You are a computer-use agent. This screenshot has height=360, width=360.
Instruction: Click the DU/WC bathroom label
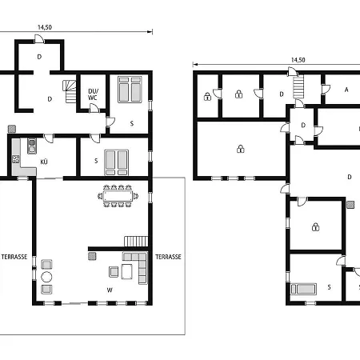pyautogui.click(x=93, y=94)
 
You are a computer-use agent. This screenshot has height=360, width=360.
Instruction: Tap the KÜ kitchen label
pyautogui.click(x=44, y=162)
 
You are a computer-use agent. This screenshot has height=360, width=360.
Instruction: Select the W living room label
pyautogui.click(x=110, y=290)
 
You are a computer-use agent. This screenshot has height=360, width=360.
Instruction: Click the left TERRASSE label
pyautogui.click(x=14, y=257)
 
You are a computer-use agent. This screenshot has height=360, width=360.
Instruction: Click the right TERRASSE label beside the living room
pyautogui.click(x=168, y=257)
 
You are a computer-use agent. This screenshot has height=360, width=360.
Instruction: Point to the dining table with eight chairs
pyautogui.click(x=118, y=196)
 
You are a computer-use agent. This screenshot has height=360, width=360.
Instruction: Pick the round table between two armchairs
pyautogui.click(x=46, y=277)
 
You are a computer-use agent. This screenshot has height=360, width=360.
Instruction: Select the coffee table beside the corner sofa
pyautogui.click(x=126, y=271)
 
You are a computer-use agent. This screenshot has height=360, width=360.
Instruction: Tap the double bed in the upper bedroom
pyautogui.click(x=130, y=90)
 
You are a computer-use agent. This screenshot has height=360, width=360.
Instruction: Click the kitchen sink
pyautogui.click(x=32, y=146)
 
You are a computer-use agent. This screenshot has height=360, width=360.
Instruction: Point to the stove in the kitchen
pyautogui.click(x=16, y=159)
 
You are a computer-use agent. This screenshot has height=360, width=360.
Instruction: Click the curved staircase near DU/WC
pyautogui.click(x=70, y=92)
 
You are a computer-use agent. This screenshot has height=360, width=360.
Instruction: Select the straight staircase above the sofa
pyautogui.click(x=136, y=242)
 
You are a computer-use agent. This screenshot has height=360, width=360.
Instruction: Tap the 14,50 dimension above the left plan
pyautogui.click(x=45, y=27)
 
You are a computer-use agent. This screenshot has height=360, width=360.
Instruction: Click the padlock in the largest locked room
pyautogui.click(x=241, y=149)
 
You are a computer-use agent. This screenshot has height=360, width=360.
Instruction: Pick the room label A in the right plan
pyautogui.click(x=346, y=90)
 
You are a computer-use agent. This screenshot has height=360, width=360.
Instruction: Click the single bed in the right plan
pyautogui.click(x=304, y=289)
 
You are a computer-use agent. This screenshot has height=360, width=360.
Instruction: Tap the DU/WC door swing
pyautogui.click(x=94, y=108)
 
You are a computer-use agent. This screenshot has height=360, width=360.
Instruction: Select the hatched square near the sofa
pyautogui.click(x=92, y=256)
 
